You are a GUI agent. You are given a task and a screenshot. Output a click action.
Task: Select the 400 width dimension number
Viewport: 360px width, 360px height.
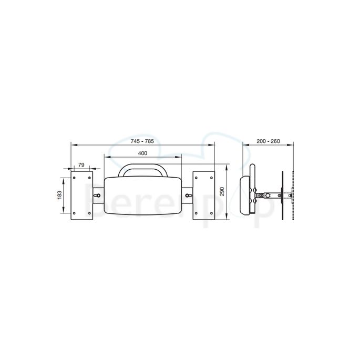click(142, 153)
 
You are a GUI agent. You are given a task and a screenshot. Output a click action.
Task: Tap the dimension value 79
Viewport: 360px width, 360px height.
click(81, 165)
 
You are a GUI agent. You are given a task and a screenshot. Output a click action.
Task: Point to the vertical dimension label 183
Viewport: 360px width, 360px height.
click(59, 194)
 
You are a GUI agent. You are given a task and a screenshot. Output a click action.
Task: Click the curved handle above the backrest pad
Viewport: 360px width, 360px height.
click(143, 169)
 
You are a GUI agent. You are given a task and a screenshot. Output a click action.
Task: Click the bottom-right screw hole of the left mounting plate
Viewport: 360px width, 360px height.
click(89, 213)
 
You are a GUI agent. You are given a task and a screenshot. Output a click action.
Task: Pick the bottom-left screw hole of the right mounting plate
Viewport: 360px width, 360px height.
click(197, 213)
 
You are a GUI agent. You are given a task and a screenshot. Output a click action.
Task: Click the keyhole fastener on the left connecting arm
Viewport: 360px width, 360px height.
click(97, 195)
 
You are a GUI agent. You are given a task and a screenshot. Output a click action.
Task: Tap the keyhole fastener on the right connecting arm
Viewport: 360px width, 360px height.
click(189, 195)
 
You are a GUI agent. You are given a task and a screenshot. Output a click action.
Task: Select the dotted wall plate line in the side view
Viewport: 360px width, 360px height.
click(291, 195)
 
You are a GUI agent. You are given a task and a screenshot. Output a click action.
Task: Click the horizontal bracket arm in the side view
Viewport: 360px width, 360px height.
click(269, 196)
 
